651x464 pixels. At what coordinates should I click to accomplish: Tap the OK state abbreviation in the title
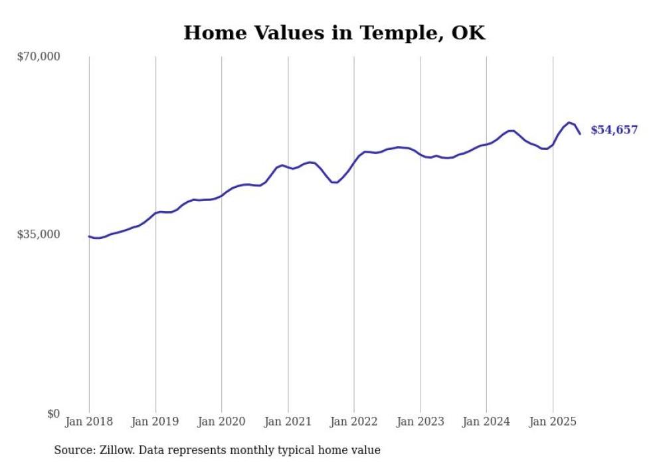coord(468,33)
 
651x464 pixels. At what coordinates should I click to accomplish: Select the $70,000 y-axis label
coord(39,56)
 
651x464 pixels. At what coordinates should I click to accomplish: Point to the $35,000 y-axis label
coord(39,234)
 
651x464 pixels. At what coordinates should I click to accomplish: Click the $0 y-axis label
coord(54,414)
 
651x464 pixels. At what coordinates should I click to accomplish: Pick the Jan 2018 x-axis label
coord(89,422)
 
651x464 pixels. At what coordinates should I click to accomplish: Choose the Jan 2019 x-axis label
coord(155,422)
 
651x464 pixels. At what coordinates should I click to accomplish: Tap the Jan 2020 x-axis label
coord(221,422)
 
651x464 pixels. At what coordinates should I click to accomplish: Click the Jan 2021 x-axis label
coord(288,422)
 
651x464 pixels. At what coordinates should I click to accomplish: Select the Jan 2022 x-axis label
coord(353,422)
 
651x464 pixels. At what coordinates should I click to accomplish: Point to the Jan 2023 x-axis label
coord(420,422)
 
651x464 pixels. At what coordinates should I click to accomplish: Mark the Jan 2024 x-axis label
coord(486,422)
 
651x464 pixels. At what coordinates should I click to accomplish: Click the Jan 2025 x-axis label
coord(553,422)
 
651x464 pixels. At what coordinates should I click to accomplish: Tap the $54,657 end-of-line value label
coord(614,130)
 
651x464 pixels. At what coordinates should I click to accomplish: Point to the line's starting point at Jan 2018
coord(89,236)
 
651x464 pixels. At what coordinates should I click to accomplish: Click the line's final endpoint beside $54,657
coord(580,133)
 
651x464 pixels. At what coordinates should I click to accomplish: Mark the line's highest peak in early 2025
coord(569,123)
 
